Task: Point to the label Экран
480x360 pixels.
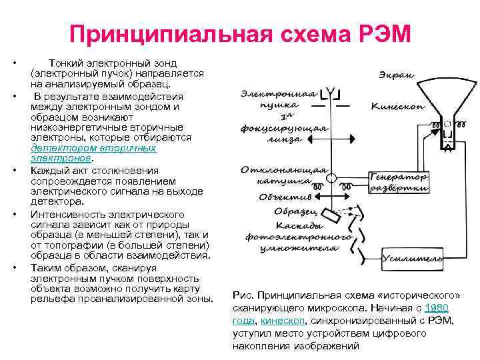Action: [396, 75]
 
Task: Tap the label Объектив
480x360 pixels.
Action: [286, 198]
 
